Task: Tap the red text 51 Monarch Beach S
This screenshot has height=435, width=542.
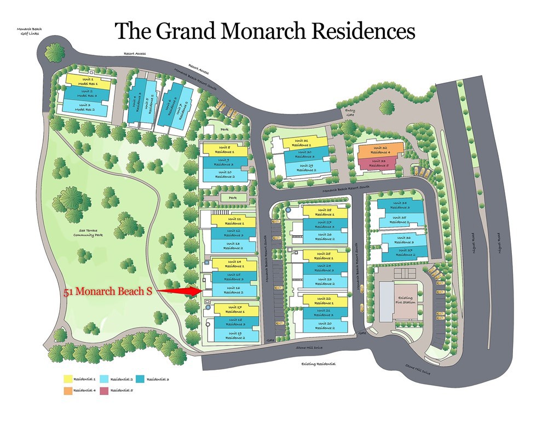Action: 108,292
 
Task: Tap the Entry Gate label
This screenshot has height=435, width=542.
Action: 350,112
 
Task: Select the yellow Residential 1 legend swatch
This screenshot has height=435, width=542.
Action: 67,378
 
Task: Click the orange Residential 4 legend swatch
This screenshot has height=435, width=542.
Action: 67,390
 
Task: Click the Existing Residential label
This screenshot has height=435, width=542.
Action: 318,363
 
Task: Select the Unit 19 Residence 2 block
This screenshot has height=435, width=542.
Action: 236,335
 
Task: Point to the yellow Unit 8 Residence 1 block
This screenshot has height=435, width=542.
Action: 224,149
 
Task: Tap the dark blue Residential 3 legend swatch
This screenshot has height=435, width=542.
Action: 141,378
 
